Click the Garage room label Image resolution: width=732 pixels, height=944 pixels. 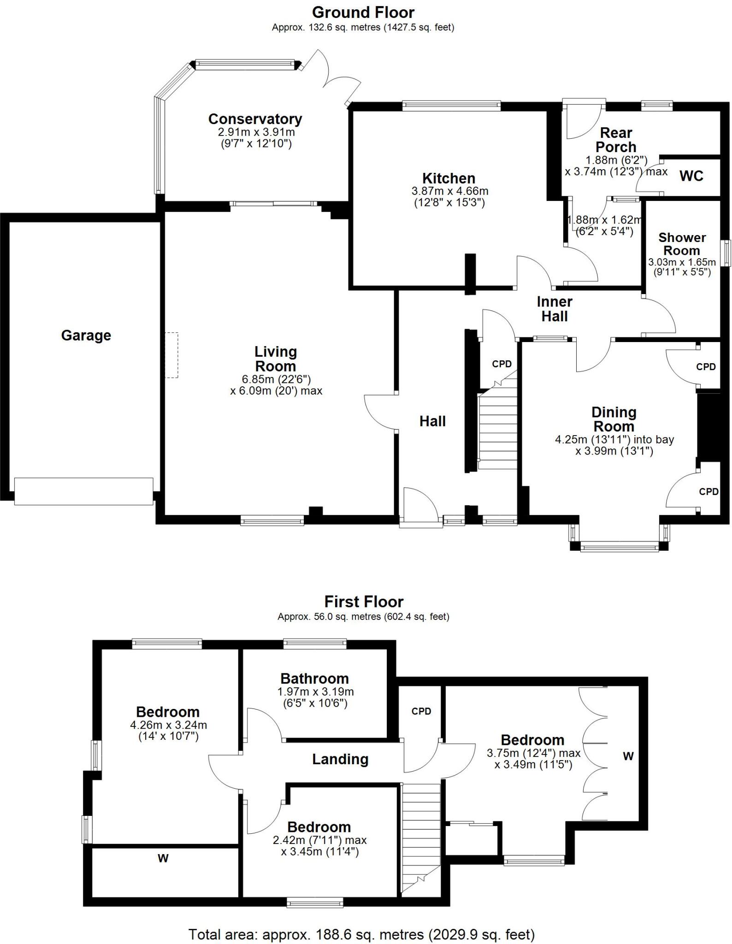[86, 336]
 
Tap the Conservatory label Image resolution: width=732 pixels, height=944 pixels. [255, 119]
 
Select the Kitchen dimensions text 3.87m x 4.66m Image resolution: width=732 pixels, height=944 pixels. [449, 191]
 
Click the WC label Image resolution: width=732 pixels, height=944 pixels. [691, 176]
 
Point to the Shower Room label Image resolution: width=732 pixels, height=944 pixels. [682, 244]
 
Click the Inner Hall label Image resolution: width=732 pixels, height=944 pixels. [555, 309]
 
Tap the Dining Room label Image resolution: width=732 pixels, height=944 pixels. [614, 419]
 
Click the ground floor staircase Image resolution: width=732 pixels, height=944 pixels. [498, 429]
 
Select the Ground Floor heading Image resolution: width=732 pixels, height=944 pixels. [363, 12]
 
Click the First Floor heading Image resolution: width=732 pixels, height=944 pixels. [364, 602]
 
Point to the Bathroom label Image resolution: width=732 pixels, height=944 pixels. [315, 678]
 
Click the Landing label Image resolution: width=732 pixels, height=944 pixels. [340, 759]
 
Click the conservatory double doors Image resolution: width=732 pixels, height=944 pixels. [330, 78]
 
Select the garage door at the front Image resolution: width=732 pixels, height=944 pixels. [83, 491]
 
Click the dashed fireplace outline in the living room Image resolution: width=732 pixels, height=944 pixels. [171, 355]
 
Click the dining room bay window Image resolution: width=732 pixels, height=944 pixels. [619, 548]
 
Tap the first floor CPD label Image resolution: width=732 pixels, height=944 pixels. [421, 711]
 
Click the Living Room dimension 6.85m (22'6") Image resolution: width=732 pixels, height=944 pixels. [276, 379]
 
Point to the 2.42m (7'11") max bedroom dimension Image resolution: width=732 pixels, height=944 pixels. [319, 840]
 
